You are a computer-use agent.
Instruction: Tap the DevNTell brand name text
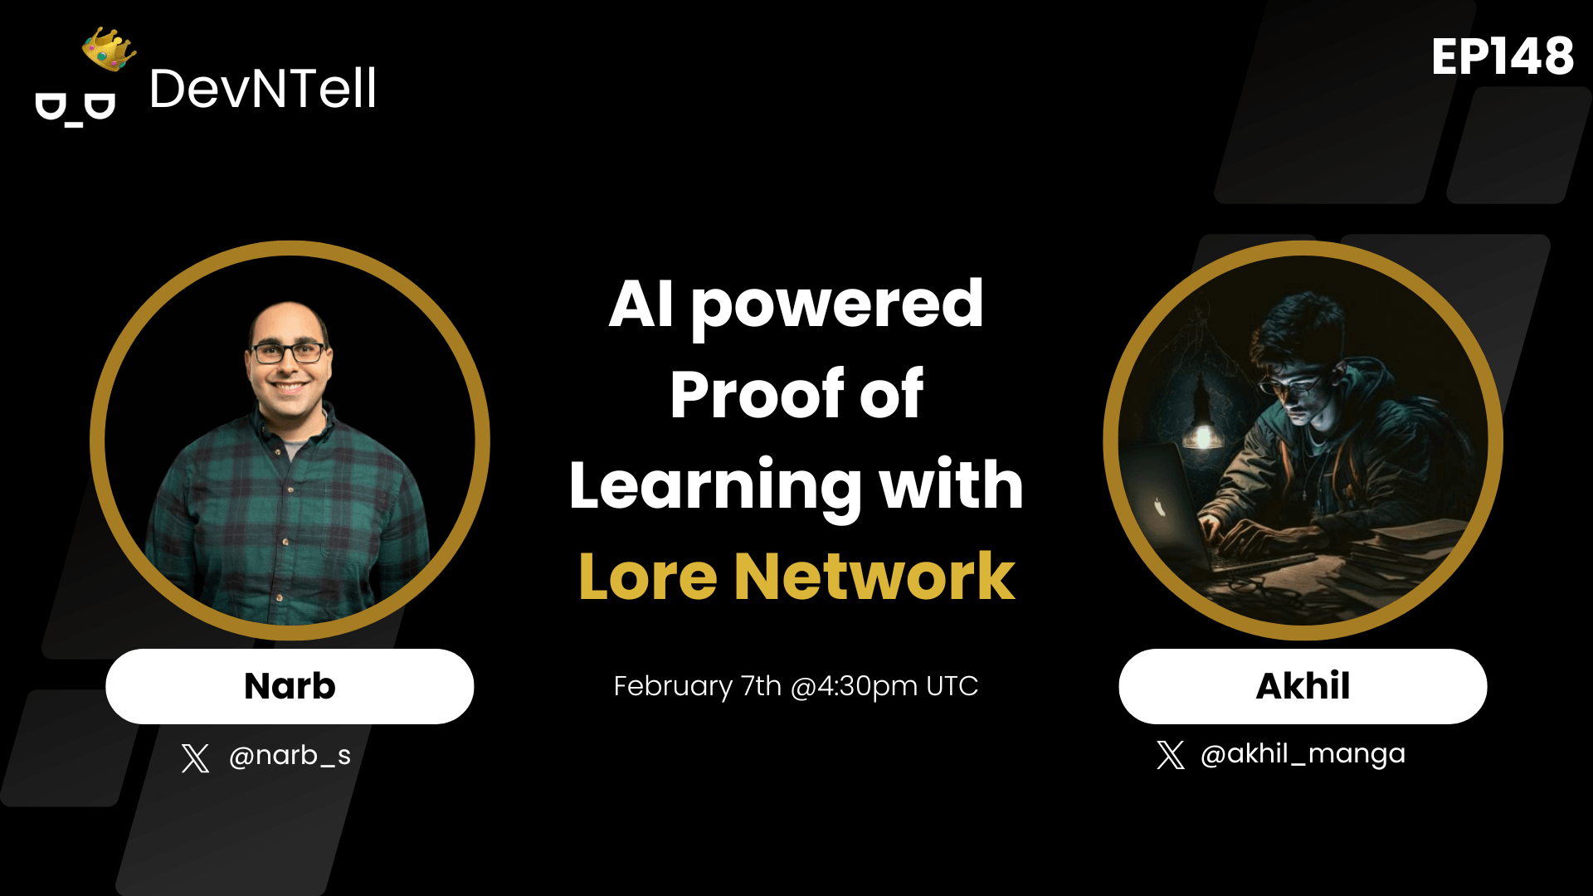point(262,89)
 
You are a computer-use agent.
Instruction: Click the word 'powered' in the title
point(836,305)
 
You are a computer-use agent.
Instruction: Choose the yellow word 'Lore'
point(647,577)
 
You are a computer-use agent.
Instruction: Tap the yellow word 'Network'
point(874,577)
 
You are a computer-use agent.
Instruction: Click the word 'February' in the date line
point(673,686)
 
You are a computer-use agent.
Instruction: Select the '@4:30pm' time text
point(854,686)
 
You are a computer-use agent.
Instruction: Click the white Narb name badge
point(290,686)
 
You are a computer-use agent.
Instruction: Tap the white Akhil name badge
point(1303,686)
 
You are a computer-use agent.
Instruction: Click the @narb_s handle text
point(290,756)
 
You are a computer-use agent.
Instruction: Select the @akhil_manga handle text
point(1303,754)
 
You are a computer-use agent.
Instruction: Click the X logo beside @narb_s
point(196,757)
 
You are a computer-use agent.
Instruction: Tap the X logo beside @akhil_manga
point(1171,755)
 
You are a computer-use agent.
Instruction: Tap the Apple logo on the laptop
point(1160,507)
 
